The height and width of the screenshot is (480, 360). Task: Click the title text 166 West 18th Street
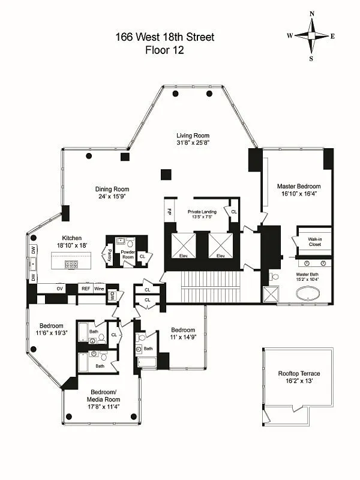click(165, 37)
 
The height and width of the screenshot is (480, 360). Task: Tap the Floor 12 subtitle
click(165, 50)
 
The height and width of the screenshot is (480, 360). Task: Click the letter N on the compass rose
click(311, 14)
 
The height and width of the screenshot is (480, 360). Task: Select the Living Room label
click(192, 135)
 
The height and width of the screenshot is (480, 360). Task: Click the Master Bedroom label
click(298, 187)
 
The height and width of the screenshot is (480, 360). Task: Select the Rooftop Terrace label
click(298, 373)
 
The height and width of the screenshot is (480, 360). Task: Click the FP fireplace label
click(169, 212)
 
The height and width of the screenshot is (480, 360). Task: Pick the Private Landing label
click(202, 211)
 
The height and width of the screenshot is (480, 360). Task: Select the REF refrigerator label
click(86, 289)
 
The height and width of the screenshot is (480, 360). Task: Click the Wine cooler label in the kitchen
click(99, 289)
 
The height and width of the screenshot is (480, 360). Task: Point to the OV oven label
click(59, 289)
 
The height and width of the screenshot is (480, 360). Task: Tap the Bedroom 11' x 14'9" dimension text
click(183, 338)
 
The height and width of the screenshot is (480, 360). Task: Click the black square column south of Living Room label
click(166, 175)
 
